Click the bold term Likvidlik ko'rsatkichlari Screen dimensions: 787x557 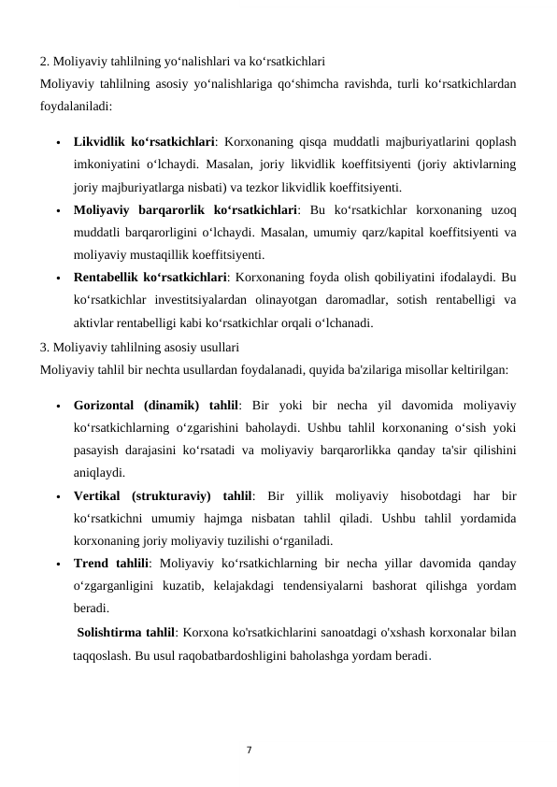tap(144, 144)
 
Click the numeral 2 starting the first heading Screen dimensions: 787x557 tap(43, 63)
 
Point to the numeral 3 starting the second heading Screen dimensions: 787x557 tap(43, 347)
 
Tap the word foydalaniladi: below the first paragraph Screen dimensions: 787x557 tap(77, 107)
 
